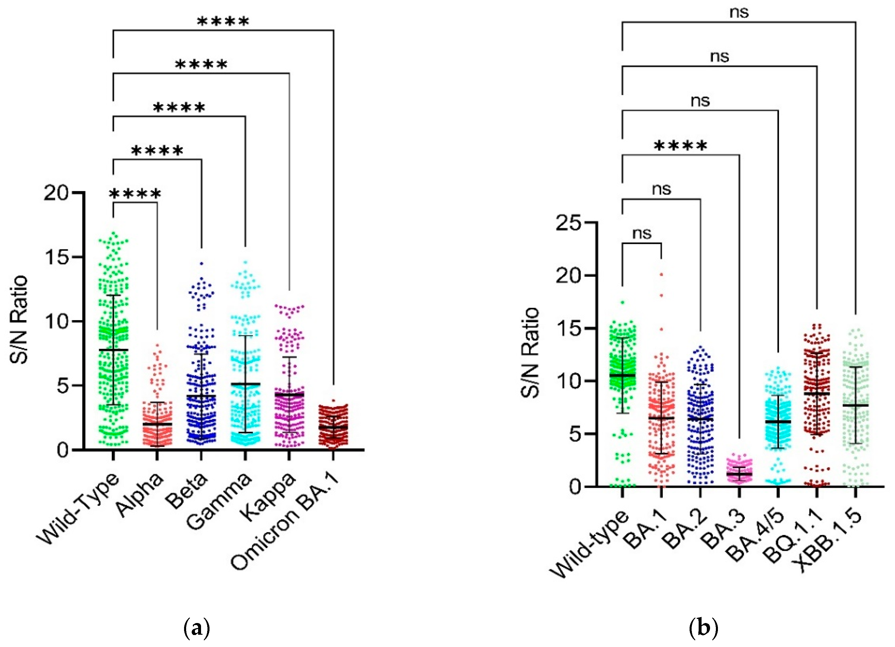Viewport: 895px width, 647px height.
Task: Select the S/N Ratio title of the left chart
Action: coord(19,320)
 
